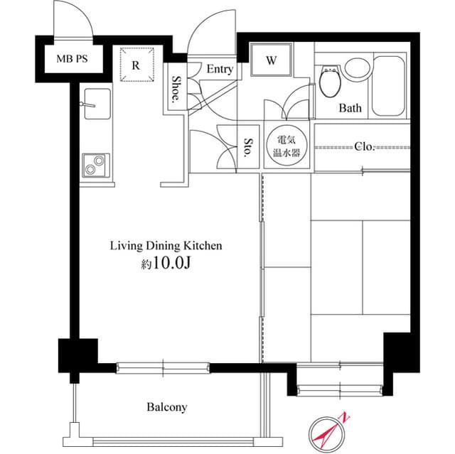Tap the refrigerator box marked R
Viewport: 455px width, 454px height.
click(136, 64)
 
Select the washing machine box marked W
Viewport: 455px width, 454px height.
click(271, 61)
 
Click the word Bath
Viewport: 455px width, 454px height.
click(350, 109)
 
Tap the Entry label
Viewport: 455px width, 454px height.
click(220, 70)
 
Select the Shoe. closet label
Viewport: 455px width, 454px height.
click(175, 88)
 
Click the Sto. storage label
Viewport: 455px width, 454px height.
click(250, 147)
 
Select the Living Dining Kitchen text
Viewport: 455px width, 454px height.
click(166, 246)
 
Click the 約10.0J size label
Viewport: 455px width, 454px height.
click(166, 264)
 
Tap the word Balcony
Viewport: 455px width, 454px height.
click(166, 407)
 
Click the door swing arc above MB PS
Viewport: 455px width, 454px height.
click(73, 20)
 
